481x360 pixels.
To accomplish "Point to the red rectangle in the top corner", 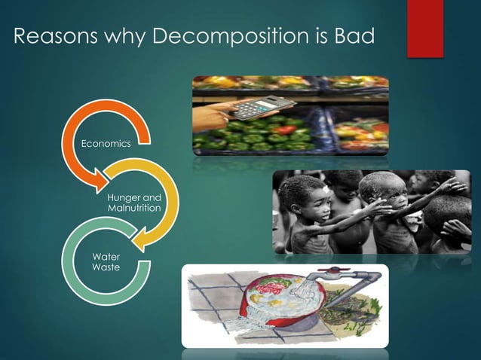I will (x=425, y=29).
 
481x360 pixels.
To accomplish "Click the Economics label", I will (x=106, y=142).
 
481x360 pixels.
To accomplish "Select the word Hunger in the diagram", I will (x=124, y=197).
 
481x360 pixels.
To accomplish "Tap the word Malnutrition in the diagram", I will (x=134, y=207).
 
